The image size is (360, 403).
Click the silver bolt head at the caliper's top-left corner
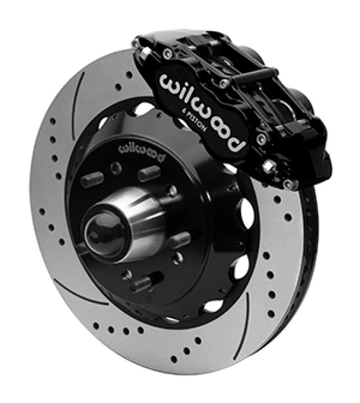(x=139, y=45)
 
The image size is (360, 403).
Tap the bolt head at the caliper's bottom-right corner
(x=290, y=183)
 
